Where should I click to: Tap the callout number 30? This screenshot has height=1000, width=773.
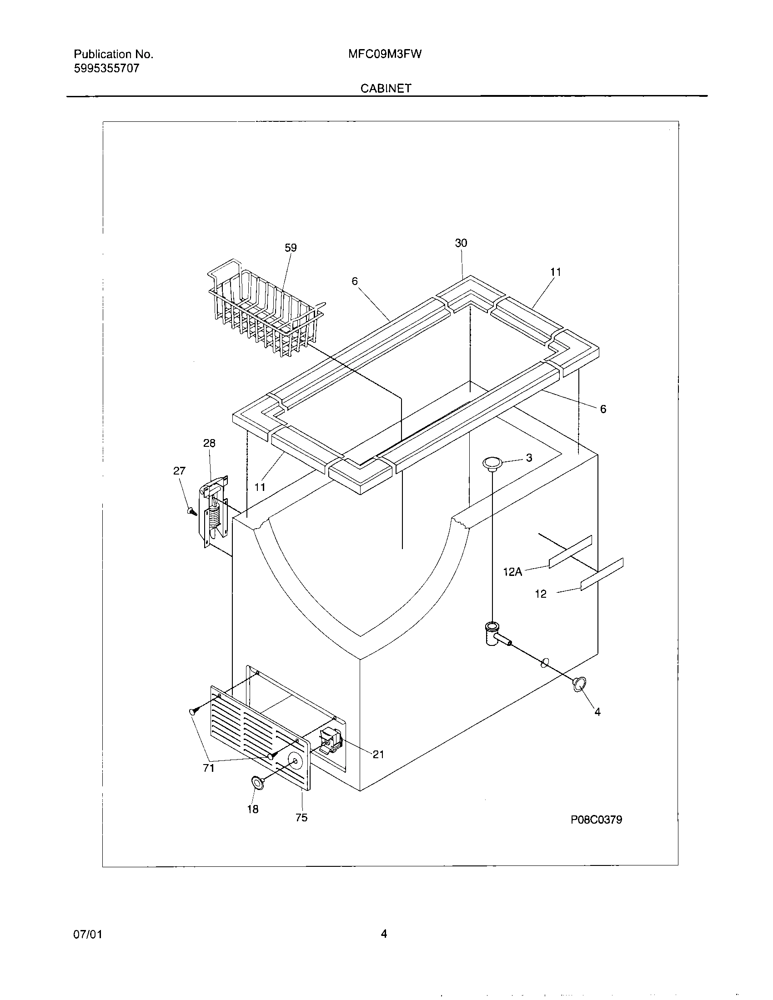[x=461, y=243]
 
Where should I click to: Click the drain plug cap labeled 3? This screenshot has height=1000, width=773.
[x=492, y=463]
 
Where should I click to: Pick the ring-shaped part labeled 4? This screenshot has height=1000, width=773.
[x=579, y=697]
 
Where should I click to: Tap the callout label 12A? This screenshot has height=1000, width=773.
[x=512, y=572]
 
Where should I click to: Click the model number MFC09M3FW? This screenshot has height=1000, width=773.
[x=385, y=54]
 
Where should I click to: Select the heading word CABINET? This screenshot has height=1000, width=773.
[x=386, y=88]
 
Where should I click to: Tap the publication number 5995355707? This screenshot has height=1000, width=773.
[x=107, y=69]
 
